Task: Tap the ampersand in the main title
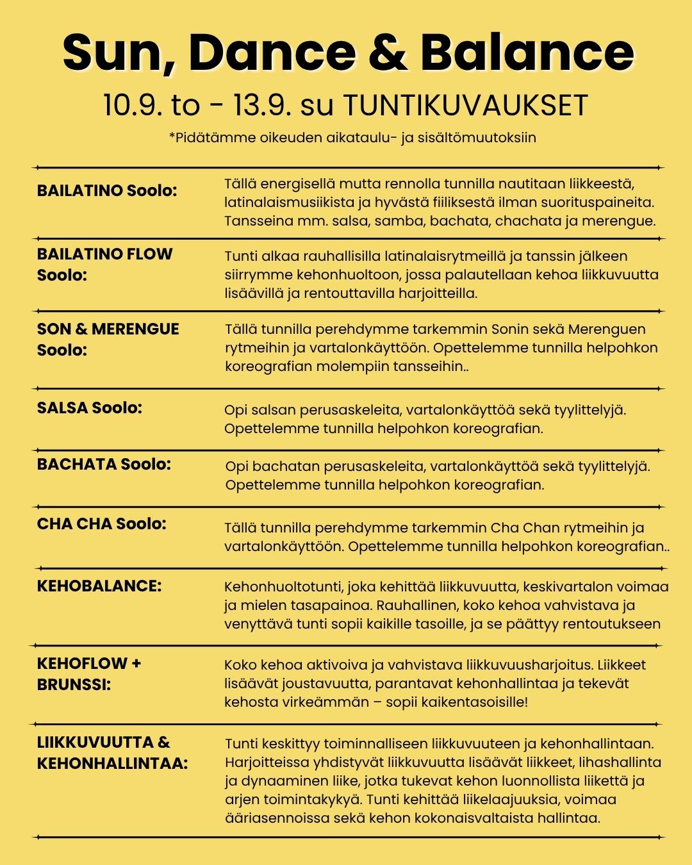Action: point(388,53)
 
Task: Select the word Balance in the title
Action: point(527,53)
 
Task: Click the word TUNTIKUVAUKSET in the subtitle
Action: point(466,106)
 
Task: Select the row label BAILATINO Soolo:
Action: point(107,190)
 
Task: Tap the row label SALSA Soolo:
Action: point(89,408)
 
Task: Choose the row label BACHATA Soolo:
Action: point(104,464)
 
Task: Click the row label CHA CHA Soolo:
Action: point(101,523)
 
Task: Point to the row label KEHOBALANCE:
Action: point(99,586)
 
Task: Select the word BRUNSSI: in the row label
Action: point(74,684)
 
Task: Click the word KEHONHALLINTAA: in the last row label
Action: point(112,763)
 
